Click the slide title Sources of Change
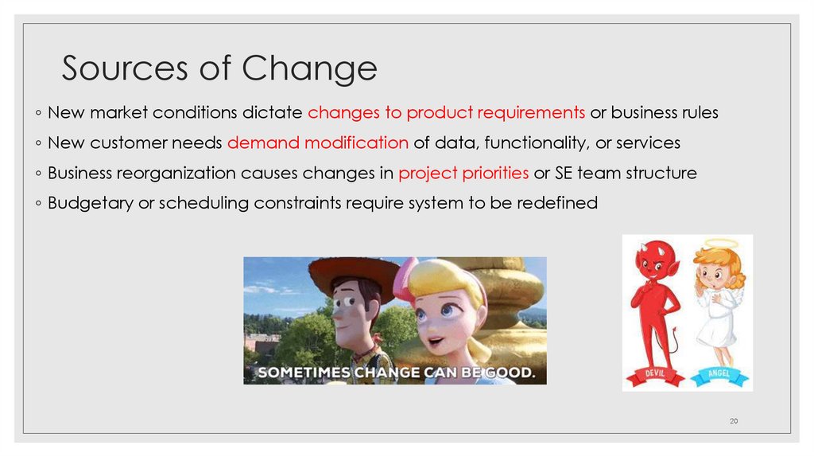point(219,68)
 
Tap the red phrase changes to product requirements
point(447,112)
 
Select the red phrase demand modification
point(317,143)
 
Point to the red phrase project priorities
point(463,173)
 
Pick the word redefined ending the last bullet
point(556,203)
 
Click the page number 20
point(733,420)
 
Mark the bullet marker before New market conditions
point(39,113)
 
